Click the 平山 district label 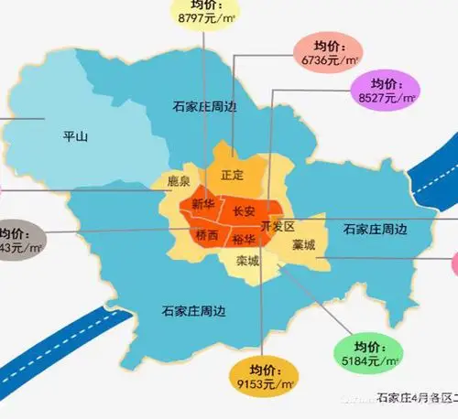pyautogui.click(x=74, y=137)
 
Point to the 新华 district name pyautogui.click(x=203, y=206)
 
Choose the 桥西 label pyautogui.click(x=207, y=235)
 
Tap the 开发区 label pyautogui.click(x=278, y=226)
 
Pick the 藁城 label pyautogui.click(x=304, y=245)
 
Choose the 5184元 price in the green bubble pyautogui.click(x=363, y=361)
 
